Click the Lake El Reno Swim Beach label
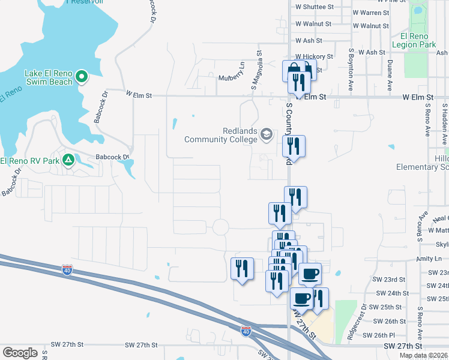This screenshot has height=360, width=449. click(48, 77)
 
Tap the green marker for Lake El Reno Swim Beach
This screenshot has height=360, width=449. click(83, 77)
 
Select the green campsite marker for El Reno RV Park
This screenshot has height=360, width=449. click(68, 160)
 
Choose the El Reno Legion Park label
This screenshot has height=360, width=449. click(414, 40)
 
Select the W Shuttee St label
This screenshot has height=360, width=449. click(315, 7)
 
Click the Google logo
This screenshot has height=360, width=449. click(20, 353)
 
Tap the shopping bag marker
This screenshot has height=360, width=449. click(292, 71)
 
